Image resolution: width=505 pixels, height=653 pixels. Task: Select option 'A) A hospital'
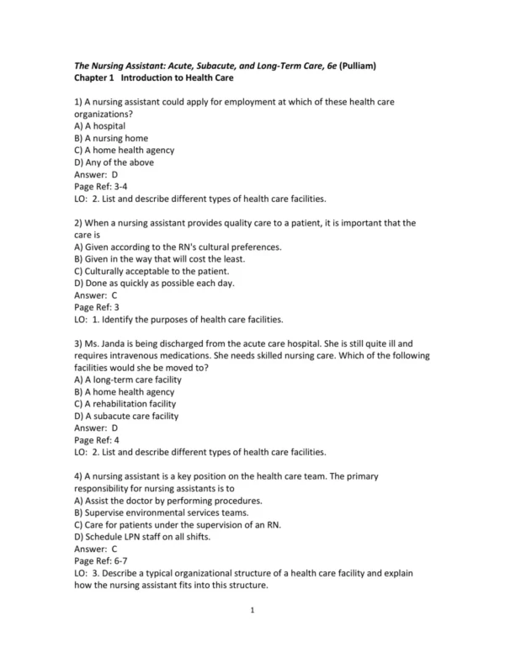[99, 125]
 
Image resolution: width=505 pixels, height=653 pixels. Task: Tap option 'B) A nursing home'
[110, 138]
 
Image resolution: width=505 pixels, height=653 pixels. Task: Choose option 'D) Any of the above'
[114, 162]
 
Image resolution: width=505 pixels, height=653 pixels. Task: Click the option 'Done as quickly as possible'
[154, 284]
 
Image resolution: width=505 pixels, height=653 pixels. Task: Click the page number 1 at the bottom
[252, 612]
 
